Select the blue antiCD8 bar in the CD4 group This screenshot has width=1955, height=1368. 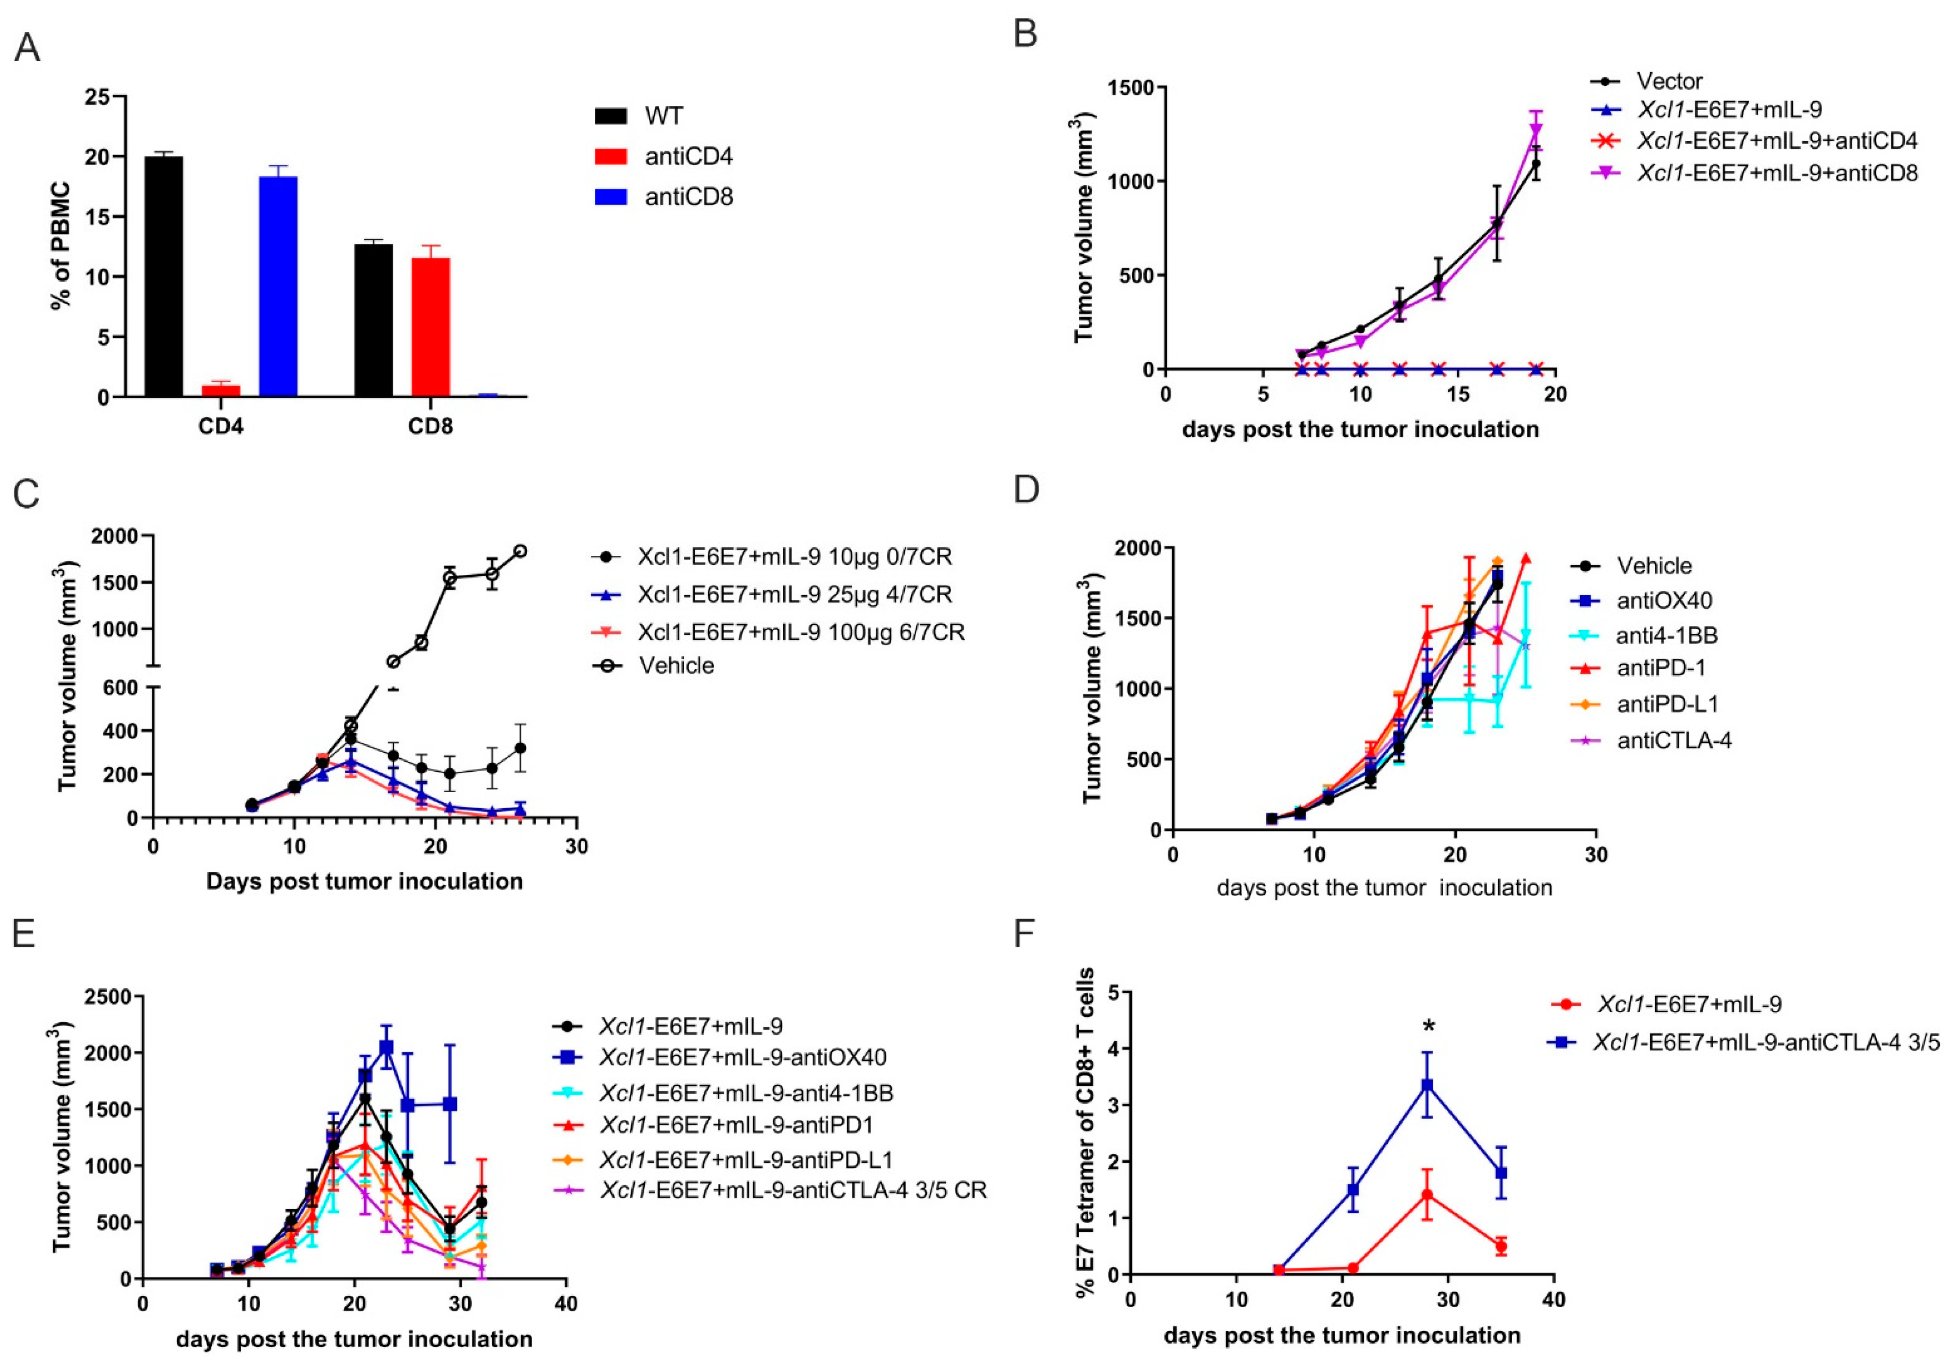[278, 286]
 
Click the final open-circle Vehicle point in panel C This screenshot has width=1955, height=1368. [519, 551]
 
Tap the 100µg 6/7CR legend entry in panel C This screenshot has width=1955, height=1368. [800, 632]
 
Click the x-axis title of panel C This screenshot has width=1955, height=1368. [365, 881]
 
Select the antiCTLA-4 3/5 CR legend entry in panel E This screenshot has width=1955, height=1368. [792, 1189]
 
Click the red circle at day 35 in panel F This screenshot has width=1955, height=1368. [1501, 1246]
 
